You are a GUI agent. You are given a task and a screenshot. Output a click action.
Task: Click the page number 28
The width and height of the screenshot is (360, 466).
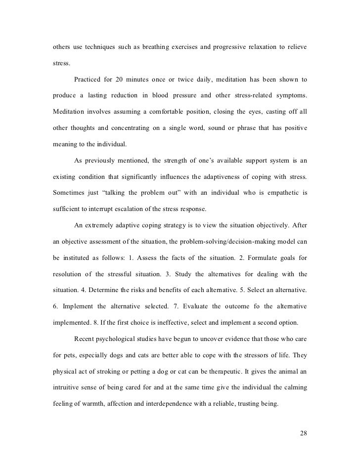pyautogui.click(x=304, y=433)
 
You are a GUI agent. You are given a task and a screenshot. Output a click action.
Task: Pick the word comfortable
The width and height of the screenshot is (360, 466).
pyautogui.click(x=157, y=111)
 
